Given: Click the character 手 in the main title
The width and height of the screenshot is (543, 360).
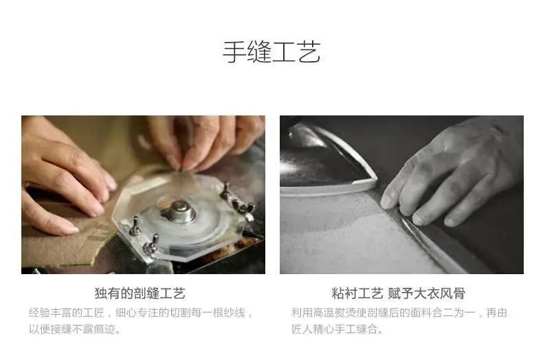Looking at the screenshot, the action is [x=234, y=52].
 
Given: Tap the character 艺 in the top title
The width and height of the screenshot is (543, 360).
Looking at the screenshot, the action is [x=309, y=52].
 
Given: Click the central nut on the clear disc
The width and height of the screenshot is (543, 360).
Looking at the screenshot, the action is [x=179, y=211].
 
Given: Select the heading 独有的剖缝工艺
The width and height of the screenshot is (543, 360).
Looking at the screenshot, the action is [x=140, y=293].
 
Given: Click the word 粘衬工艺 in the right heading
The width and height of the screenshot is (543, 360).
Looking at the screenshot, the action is [x=357, y=293].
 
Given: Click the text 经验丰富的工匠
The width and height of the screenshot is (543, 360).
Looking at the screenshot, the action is [x=66, y=313].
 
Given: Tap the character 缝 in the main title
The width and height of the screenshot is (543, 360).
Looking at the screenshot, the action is [x=259, y=52].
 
